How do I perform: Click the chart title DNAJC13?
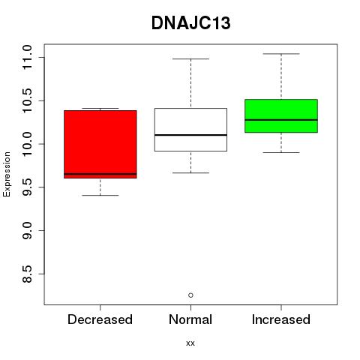tap(190, 23)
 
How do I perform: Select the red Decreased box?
tap(100, 144)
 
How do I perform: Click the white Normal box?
tap(190, 130)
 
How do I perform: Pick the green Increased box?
tap(281, 115)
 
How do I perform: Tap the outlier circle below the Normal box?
tap(190, 295)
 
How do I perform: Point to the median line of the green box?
tap(281, 120)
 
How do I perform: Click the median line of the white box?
tap(190, 135)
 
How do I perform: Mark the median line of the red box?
tap(100, 174)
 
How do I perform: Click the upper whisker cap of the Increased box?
tap(281, 54)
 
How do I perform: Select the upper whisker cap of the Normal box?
tap(190, 59)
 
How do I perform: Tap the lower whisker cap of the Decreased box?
tap(100, 195)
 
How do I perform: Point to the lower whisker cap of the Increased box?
tap(281, 152)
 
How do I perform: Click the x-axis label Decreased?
tap(100, 319)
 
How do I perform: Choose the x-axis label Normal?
tap(190, 319)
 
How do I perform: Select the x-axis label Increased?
tap(281, 319)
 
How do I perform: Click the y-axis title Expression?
tap(7, 174)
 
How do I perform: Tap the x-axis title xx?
tap(190, 343)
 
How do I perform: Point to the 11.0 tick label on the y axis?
tap(27, 58)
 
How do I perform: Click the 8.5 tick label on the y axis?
tap(27, 274)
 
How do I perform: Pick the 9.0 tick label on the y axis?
tap(27, 230)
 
